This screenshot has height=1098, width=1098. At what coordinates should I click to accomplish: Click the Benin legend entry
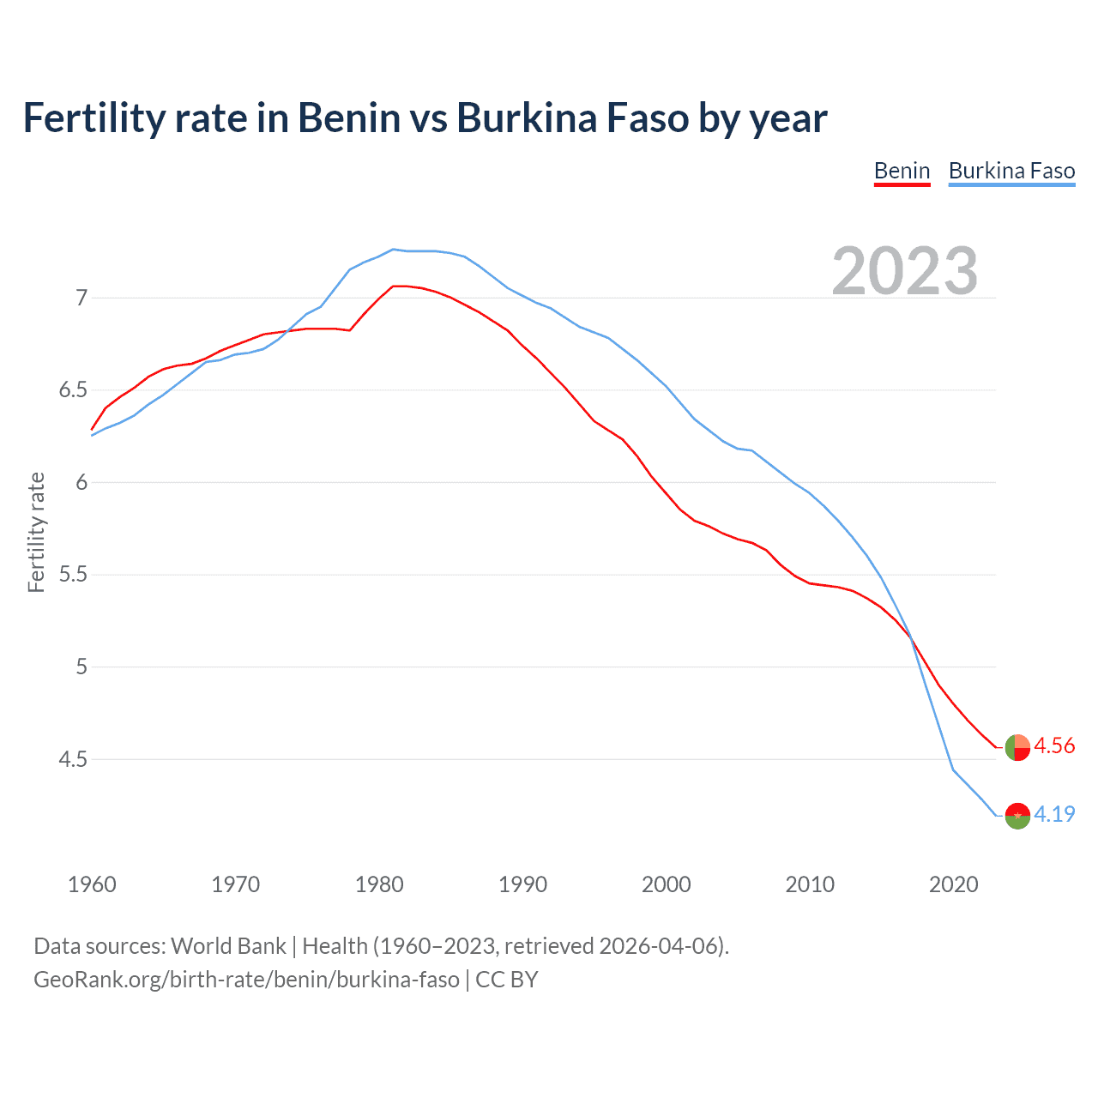pyautogui.click(x=902, y=171)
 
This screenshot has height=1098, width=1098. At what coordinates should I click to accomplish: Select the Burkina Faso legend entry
pyautogui.click(x=1011, y=171)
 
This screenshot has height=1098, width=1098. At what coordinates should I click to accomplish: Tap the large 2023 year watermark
pyautogui.click(x=905, y=271)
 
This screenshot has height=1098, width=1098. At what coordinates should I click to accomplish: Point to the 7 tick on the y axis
pyautogui.click(x=81, y=298)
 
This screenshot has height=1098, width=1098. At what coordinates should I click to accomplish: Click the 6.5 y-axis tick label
pyautogui.click(x=73, y=390)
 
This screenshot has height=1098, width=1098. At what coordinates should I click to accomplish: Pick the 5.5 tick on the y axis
pyautogui.click(x=73, y=575)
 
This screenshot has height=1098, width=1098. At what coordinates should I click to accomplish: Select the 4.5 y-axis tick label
pyautogui.click(x=73, y=759)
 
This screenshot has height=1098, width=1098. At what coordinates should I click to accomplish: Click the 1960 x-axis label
pyautogui.click(x=92, y=884)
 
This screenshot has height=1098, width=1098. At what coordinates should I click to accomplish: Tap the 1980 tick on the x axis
pyautogui.click(x=379, y=884)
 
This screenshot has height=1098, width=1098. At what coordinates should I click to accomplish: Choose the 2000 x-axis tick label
pyautogui.click(x=666, y=884)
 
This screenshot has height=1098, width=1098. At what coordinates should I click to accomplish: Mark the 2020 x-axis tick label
pyautogui.click(x=953, y=884)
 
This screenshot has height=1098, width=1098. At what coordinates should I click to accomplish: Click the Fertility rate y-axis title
pyautogui.click(x=36, y=532)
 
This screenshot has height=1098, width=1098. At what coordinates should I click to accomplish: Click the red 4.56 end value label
pyautogui.click(x=1054, y=746)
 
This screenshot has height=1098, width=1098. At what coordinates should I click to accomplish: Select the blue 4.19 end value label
pyautogui.click(x=1054, y=814)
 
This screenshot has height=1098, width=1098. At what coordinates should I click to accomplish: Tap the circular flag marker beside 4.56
pyautogui.click(x=1017, y=747)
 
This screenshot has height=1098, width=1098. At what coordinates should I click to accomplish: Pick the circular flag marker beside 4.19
pyautogui.click(x=1017, y=816)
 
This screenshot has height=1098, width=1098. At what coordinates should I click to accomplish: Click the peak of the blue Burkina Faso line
pyautogui.click(x=393, y=250)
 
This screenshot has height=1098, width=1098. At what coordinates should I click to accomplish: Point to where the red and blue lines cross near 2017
pyautogui.click(x=910, y=636)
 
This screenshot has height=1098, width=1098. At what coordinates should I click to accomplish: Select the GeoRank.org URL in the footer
pyautogui.click(x=246, y=980)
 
